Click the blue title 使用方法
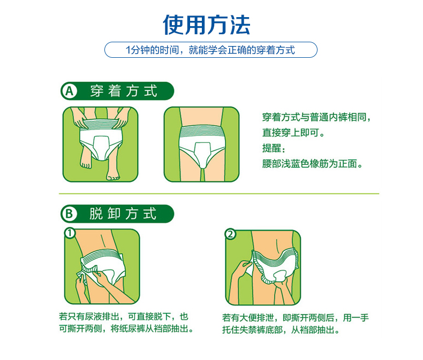coord(207,25)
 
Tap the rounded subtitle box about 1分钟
coord(210,50)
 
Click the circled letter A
coord(70,91)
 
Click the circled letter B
coord(69,213)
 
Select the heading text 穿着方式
coord(124,91)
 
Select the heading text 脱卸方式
coord(123,213)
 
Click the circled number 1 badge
coord(70,233)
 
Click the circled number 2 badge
coord(230,234)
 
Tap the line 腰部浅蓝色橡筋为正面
coord(312,164)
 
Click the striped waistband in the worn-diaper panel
coord(201,131)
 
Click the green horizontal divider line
coord(219,194)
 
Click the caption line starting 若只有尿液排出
coord(124,316)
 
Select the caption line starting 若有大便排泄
coord(296,318)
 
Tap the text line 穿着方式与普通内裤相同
coord(316,117)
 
